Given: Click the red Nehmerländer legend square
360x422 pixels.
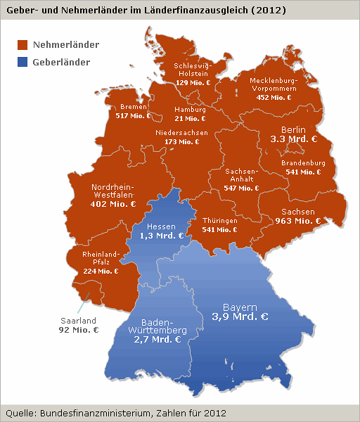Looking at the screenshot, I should [x=22, y=45].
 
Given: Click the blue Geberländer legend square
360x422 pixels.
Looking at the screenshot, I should [x=22, y=62].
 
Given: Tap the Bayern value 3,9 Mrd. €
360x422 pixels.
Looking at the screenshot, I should [x=240, y=317].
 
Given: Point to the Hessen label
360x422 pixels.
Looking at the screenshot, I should [x=161, y=226].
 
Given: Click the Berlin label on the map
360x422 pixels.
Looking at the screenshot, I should [x=293, y=130].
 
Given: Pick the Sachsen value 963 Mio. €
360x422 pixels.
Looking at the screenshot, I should [x=297, y=221].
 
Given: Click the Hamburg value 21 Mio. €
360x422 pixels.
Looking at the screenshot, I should [x=190, y=119].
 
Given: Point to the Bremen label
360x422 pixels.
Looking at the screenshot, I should [x=133, y=107].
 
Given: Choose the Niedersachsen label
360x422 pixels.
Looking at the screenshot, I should [x=181, y=132].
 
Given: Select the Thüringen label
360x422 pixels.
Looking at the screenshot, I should [x=219, y=220].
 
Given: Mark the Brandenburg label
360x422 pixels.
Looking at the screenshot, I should [x=303, y=162].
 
